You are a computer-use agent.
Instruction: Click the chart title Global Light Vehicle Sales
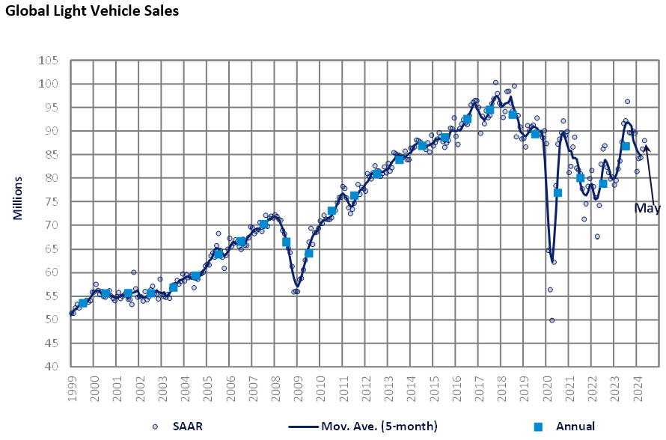93,12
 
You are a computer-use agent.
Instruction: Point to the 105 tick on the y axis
52,60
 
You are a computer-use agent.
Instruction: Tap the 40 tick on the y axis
55,367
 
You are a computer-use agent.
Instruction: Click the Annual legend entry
566,427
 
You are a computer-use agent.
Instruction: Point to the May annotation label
647,208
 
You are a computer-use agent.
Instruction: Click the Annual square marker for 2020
557,192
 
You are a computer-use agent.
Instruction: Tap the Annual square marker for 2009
309,253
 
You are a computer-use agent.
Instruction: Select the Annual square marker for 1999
83,303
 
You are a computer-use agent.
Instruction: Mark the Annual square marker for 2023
626,145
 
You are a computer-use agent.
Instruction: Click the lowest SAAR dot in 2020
552,320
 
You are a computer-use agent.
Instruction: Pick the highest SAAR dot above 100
495,82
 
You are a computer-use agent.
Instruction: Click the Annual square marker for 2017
489,110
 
